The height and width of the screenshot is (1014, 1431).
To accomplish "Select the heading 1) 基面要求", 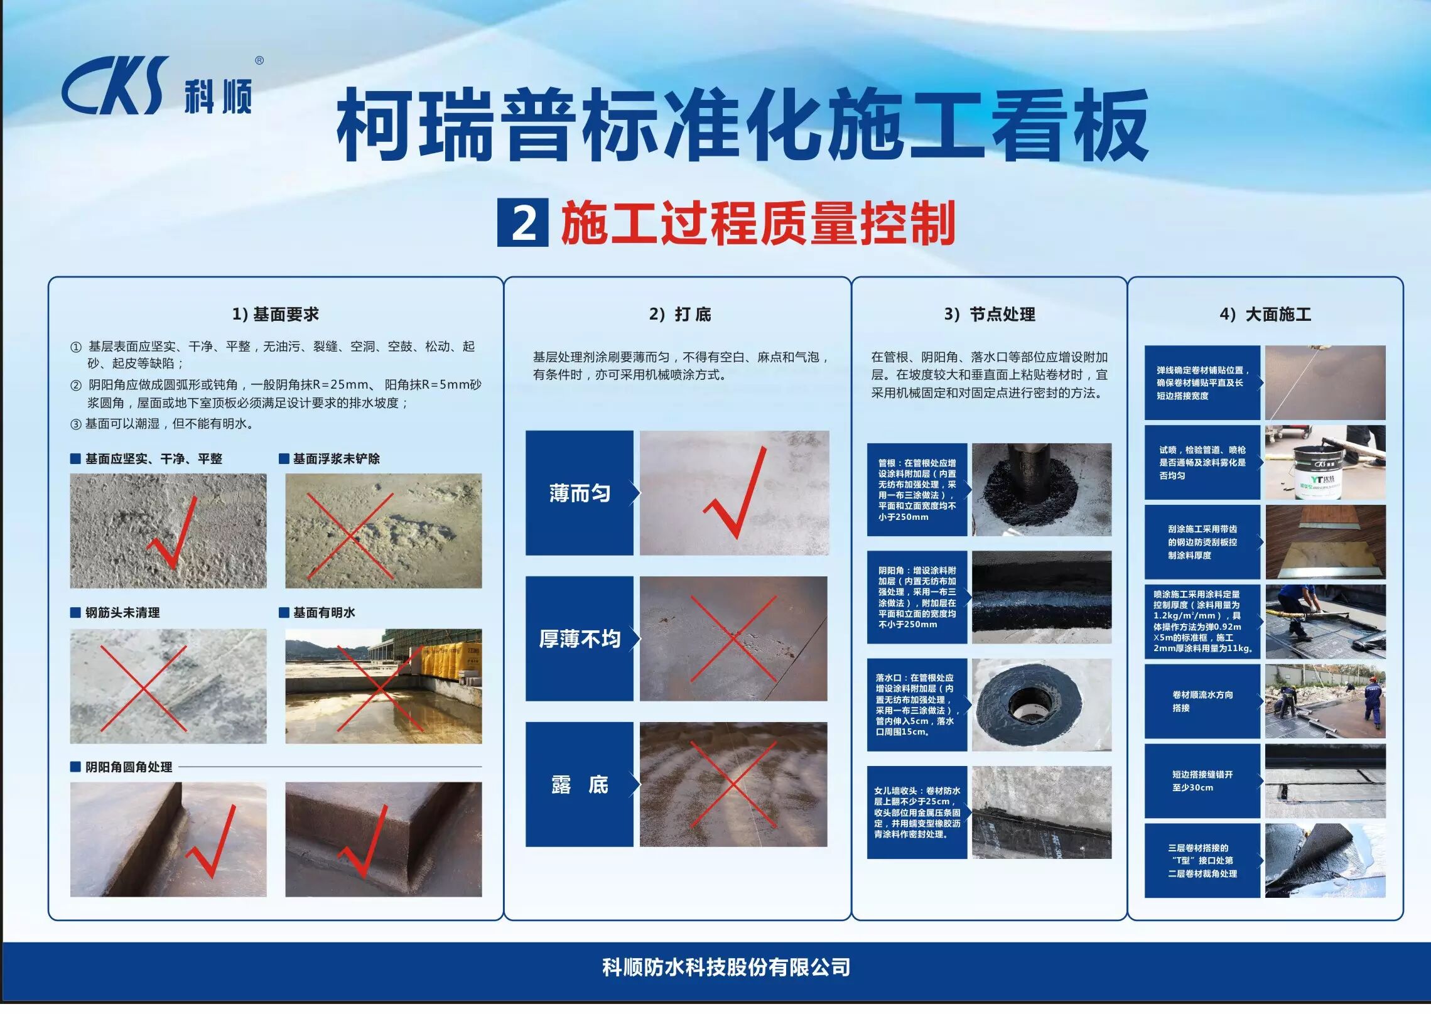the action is pyautogui.click(x=276, y=314).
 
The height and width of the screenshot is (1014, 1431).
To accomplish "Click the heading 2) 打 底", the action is pyautogui.click(x=680, y=314).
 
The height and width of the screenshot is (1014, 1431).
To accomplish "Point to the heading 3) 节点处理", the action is pyautogui.click(x=990, y=314).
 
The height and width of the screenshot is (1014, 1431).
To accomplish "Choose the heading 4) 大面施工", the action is pyautogui.click(x=1265, y=314).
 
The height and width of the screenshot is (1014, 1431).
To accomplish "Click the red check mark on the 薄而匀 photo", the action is pyautogui.click(x=735, y=496).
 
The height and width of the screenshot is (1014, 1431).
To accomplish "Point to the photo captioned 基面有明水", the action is pyautogui.click(x=384, y=686).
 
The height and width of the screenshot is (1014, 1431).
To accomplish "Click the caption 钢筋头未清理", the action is pyautogui.click(x=122, y=612).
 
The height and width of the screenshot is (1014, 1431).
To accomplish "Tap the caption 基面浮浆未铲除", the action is pyautogui.click(x=337, y=458).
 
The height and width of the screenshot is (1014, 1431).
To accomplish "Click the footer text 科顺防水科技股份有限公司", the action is pyautogui.click(x=726, y=968).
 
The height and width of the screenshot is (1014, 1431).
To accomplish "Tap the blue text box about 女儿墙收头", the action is pyautogui.click(x=917, y=812).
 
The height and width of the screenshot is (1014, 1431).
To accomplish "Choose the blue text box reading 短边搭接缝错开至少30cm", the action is pyautogui.click(x=1202, y=781).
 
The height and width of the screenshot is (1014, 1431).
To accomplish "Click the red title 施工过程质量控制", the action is pyautogui.click(x=759, y=223).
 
